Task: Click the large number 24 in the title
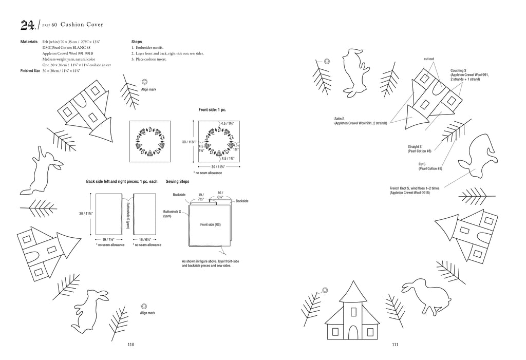[x=28, y=25]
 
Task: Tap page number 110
[x=131, y=345]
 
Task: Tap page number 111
[x=395, y=345]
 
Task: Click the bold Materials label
[x=29, y=42]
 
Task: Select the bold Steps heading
[x=137, y=42]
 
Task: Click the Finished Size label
[x=30, y=71]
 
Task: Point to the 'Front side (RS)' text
[x=210, y=224]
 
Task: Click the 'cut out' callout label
[x=429, y=59]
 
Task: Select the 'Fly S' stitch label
[x=422, y=164]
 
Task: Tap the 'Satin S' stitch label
[x=339, y=119]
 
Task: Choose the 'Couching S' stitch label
[x=458, y=71]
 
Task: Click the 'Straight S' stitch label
[x=415, y=146]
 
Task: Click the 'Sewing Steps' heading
[x=177, y=181]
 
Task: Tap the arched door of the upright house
[x=353, y=332]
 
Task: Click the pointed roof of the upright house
[x=353, y=291]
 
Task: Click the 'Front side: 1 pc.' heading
[x=212, y=110]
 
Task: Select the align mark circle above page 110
[x=144, y=306]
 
